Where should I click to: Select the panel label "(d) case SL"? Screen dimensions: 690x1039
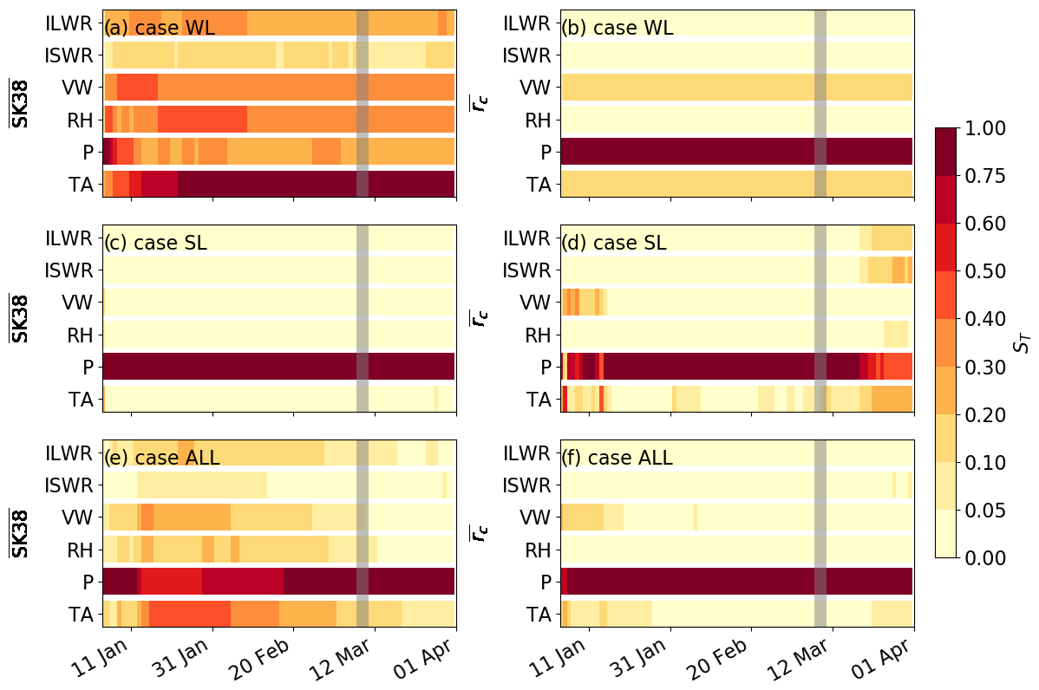pos(614,244)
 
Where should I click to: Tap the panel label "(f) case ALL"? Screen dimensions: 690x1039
pos(617,458)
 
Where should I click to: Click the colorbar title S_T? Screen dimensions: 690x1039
pos(1023,343)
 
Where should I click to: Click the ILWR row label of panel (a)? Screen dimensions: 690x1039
pos(69,23)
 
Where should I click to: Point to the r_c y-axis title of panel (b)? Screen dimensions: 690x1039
pos(477,103)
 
